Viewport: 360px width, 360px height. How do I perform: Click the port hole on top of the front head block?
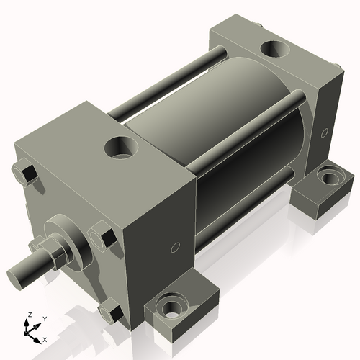(120, 148)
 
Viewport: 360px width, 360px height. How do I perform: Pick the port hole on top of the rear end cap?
(274, 49)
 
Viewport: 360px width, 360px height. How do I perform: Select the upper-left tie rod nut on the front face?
(24, 174)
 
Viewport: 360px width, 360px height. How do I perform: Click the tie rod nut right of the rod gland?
(102, 238)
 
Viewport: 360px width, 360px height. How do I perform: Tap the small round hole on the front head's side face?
(174, 248)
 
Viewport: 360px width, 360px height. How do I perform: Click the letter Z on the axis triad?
(28, 315)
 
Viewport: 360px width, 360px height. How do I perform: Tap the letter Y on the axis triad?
(44, 318)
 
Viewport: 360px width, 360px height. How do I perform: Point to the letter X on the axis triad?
(45, 338)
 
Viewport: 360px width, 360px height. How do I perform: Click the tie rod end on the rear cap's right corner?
(338, 68)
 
